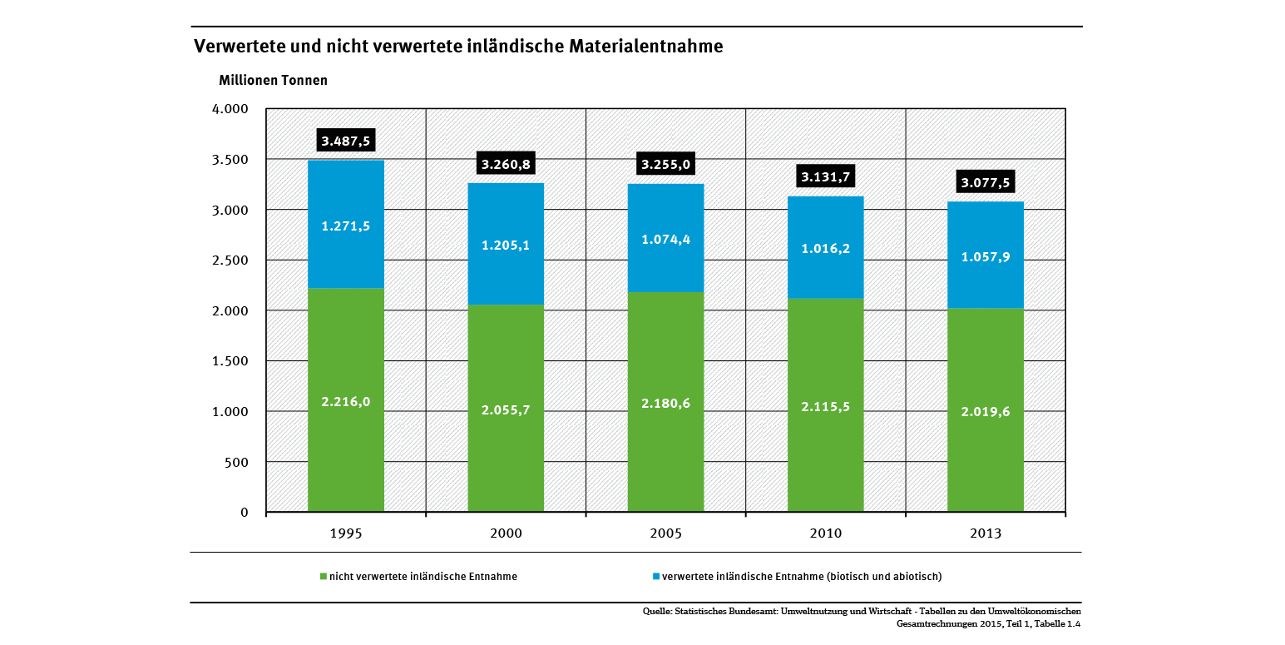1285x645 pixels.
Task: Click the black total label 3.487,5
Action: [x=345, y=141]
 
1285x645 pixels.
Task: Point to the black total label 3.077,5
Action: [x=985, y=182]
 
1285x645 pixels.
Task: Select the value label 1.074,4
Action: [x=665, y=240]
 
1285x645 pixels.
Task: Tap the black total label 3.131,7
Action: [x=825, y=176]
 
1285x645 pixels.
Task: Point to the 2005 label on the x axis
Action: [x=665, y=533]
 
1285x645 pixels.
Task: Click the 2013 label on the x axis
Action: [x=985, y=533]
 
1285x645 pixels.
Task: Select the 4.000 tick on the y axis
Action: [x=230, y=109]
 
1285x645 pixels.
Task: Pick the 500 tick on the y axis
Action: [x=238, y=462]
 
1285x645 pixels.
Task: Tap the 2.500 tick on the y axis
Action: [x=230, y=260]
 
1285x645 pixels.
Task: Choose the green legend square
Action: [x=324, y=576]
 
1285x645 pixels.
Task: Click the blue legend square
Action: [x=656, y=576]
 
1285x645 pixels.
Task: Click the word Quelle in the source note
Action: [x=657, y=612]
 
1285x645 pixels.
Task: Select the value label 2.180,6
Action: [x=665, y=404]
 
